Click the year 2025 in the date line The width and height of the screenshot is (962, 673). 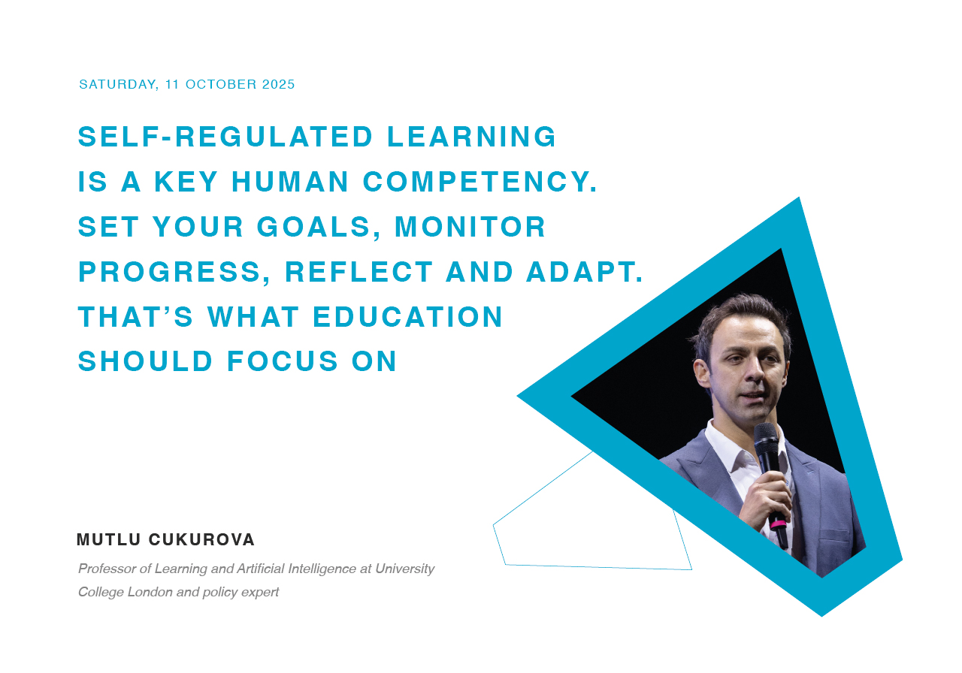pos(278,84)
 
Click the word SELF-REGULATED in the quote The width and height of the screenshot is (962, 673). pos(225,137)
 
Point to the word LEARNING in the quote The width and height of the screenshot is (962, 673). pos(471,137)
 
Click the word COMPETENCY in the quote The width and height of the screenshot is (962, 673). pos(480,182)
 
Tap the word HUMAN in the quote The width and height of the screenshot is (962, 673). pos(290,182)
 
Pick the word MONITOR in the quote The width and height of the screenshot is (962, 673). pos(470,227)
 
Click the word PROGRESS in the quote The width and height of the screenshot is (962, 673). pos(174,272)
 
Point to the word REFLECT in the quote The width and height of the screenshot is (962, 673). pos(359,272)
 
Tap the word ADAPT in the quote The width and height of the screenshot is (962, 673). pos(585,272)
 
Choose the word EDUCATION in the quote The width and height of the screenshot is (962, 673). pos(407,317)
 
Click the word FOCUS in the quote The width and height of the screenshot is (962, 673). pos(283,361)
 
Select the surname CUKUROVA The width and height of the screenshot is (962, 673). pos(202,539)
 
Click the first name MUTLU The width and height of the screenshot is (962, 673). pos(109,539)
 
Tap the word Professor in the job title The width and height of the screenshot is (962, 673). pos(107,569)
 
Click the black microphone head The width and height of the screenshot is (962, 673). pos(767,436)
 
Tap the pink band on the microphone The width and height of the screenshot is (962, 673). pos(778,524)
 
